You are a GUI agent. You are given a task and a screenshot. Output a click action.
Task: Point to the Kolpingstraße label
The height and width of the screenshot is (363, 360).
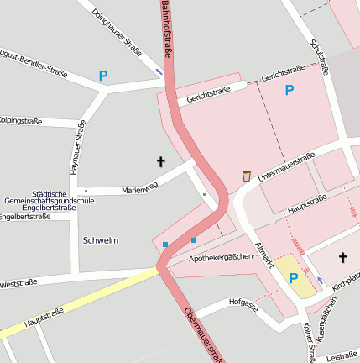[x=20, y=122]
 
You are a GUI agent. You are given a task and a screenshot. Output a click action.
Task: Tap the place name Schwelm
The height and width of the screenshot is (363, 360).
[x=101, y=240]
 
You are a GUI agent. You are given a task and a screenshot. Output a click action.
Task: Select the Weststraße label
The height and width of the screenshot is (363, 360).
[x=18, y=284]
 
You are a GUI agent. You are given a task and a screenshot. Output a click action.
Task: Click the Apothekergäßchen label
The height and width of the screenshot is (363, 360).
[x=221, y=257]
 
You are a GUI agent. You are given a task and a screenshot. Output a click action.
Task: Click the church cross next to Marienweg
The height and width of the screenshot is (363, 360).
[x=160, y=160]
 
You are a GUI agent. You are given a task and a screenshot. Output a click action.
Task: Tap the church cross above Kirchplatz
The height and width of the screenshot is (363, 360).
[x=342, y=257]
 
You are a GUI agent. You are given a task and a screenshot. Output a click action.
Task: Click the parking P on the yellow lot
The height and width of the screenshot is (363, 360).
[x=294, y=278]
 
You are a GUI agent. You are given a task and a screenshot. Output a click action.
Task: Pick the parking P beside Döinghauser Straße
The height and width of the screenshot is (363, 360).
[x=103, y=76]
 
